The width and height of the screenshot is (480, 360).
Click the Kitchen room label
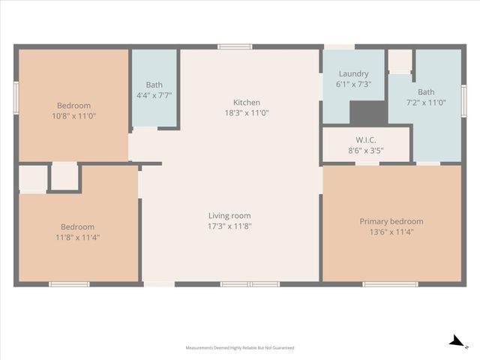tap(246, 103)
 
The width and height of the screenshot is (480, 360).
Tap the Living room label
tap(229, 216)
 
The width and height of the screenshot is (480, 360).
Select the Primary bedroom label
tap(391, 221)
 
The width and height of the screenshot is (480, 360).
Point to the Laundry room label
tap(353, 73)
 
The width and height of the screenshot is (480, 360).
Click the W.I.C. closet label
tap(365, 140)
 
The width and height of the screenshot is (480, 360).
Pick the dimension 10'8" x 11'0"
tap(73, 116)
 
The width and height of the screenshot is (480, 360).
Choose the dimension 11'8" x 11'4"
tap(77, 237)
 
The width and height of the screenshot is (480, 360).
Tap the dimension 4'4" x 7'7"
tap(154, 95)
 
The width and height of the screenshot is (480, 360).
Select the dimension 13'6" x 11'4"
tap(391, 232)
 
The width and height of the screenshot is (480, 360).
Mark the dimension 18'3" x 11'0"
tap(246, 113)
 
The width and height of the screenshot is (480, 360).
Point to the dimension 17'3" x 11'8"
tap(229, 226)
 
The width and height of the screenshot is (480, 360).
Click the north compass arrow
tap(455, 341)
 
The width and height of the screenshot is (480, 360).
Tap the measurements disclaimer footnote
tap(240, 348)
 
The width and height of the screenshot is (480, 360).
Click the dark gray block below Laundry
tap(368, 112)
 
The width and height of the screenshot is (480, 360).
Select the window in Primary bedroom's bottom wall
tap(390, 284)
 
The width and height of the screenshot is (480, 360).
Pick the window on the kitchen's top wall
tap(235, 46)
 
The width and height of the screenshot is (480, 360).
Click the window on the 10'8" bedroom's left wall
tap(16, 97)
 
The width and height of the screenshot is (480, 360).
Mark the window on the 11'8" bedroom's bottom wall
tap(69, 284)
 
